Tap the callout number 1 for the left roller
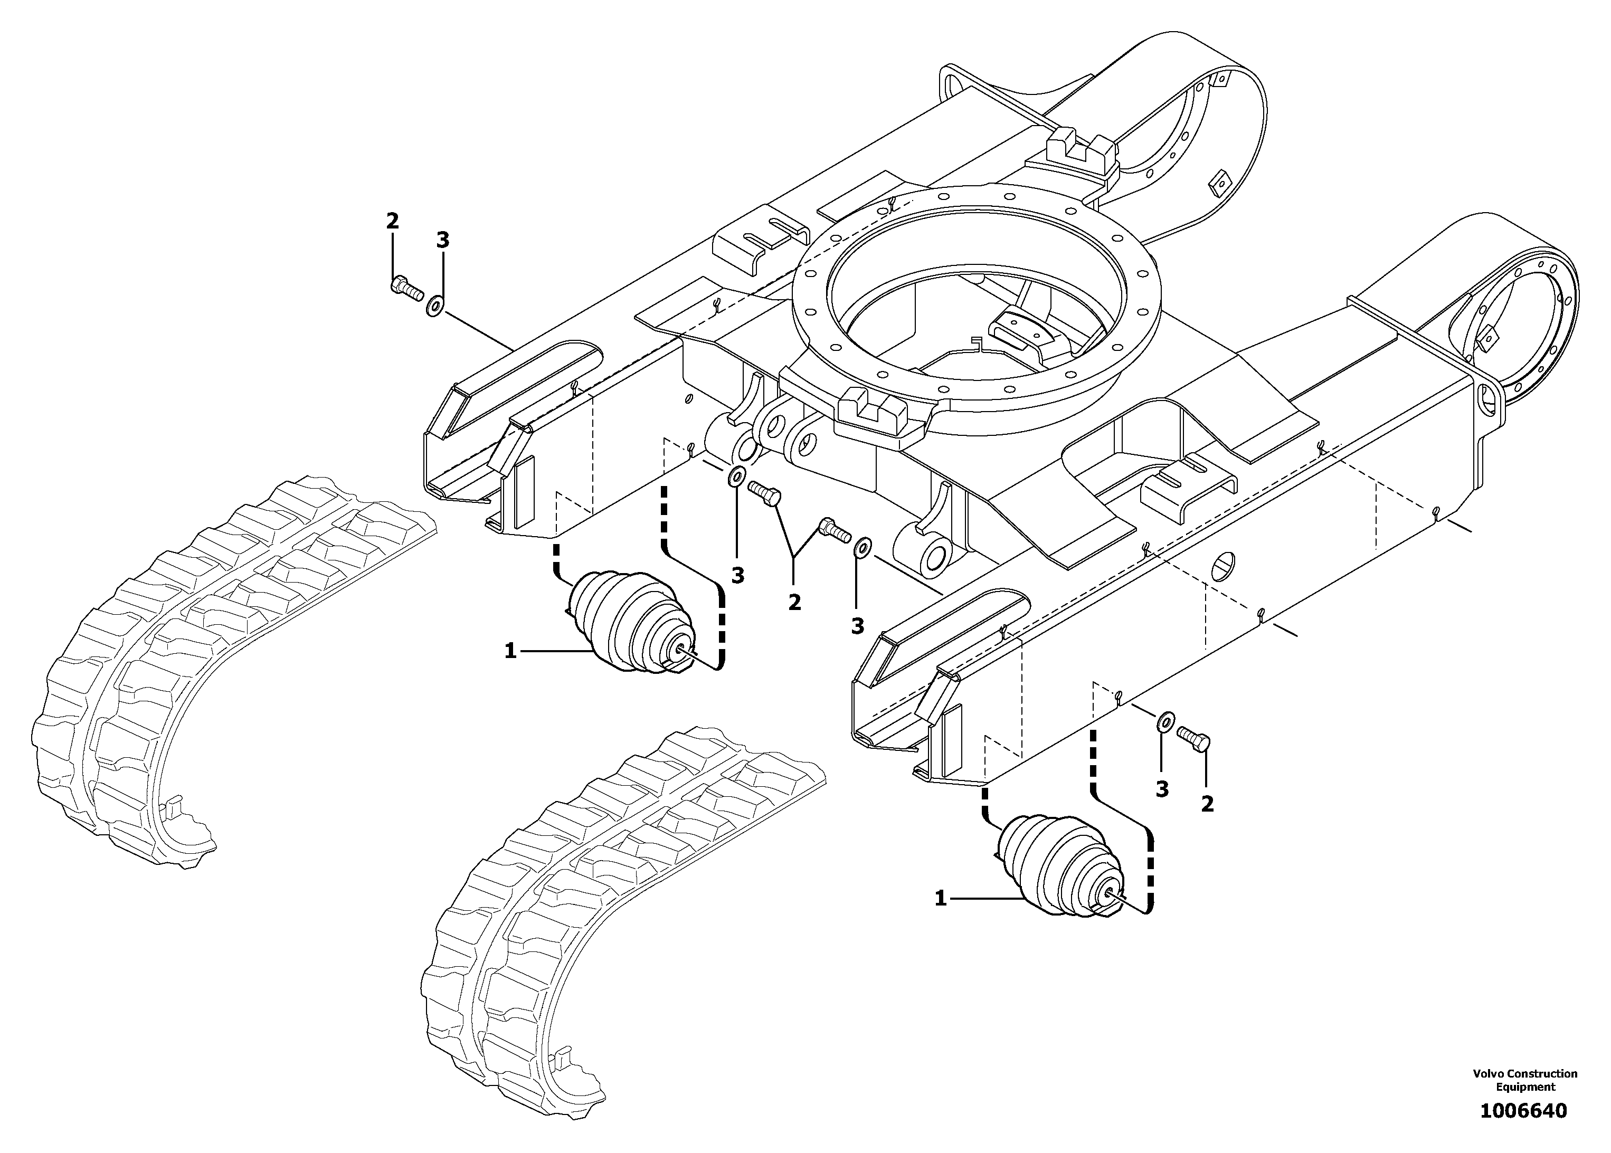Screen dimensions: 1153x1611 click(x=510, y=650)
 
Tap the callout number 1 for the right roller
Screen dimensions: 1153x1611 click(x=941, y=899)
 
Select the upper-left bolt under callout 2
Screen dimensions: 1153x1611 click(x=405, y=288)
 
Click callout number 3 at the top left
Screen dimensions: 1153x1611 click(x=442, y=240)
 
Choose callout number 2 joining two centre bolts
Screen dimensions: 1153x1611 click(x=794, y=602)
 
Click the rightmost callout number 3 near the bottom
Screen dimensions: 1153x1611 click(x=1162, y=789)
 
